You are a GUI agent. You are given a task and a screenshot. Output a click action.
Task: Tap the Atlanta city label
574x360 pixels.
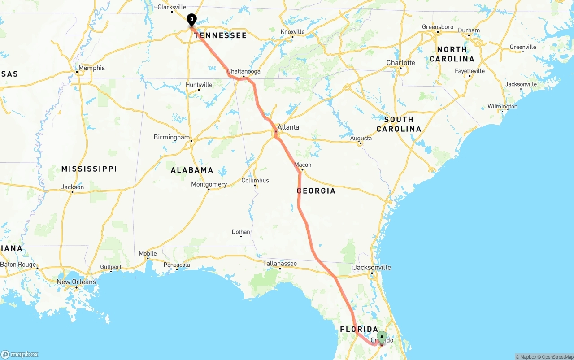(288, 127)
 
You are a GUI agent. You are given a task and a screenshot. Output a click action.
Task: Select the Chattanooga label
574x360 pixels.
(244, 72)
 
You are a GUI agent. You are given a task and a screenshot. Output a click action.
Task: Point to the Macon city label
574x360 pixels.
(303, 165)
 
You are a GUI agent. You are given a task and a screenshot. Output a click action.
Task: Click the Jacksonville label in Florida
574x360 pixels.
(372, 268)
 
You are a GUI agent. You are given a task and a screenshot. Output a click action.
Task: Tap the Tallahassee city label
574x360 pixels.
(280, 264)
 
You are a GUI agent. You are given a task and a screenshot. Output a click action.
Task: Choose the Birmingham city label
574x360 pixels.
(172, 137)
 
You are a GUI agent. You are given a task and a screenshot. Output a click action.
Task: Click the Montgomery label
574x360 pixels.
(209, 184)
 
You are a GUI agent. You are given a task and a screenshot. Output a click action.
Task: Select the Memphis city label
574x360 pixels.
(91, 68)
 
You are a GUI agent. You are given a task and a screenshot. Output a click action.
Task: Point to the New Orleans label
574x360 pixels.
(76, 282)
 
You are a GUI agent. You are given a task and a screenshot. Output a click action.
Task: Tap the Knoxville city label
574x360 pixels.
(292, 32)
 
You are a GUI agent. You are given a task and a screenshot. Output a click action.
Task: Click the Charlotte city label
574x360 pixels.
(401, 63)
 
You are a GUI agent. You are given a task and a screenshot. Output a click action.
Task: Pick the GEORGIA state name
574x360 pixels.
(316, 191)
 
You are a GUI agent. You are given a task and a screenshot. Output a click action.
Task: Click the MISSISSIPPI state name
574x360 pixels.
(89, 169)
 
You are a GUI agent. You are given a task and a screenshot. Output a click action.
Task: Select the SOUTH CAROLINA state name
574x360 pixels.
(399, 124)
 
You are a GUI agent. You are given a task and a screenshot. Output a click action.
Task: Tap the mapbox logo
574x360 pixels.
(20, 354)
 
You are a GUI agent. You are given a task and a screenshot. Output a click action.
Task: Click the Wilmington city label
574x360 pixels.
(502, 107)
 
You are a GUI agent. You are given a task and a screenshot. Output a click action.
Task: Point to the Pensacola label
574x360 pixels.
(177, 265)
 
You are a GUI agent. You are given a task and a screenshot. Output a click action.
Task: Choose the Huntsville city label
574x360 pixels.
(199, 85)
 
